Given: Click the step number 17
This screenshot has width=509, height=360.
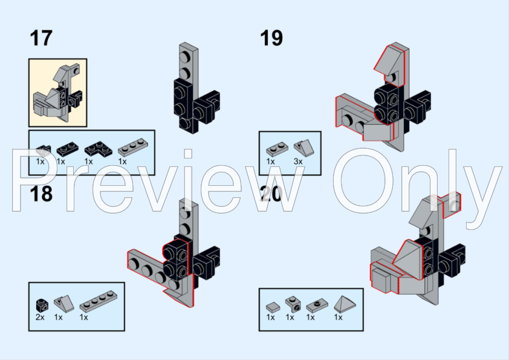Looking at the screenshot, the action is (41, 38).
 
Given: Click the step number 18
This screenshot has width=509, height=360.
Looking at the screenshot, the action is (41, 194).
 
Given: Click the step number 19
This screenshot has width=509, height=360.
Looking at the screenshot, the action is (271, 38).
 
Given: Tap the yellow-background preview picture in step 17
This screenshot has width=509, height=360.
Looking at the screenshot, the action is (58, 93).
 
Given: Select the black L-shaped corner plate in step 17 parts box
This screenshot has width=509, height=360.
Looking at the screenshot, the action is (98, 149).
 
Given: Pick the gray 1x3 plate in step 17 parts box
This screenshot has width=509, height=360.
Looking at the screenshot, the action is (133, 147).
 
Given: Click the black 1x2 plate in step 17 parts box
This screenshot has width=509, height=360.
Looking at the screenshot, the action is (68, 149).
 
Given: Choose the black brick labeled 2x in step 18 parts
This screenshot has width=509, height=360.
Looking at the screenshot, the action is (42, 305).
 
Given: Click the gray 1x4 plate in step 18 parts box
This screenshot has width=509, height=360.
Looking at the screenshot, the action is (99, 301).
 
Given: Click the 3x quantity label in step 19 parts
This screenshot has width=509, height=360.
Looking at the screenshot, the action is (298, 161).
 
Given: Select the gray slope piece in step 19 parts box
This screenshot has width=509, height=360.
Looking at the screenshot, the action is (304, 148).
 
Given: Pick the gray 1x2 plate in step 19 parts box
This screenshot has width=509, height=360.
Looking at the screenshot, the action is (277, 149).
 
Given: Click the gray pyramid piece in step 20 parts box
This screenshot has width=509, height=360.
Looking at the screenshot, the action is (345, 304).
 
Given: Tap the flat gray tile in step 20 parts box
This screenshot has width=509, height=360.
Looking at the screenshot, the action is (273, 306).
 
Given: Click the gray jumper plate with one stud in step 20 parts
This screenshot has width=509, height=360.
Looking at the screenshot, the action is (317, 306).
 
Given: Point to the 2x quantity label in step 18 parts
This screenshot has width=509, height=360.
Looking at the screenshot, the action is (40, 317).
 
